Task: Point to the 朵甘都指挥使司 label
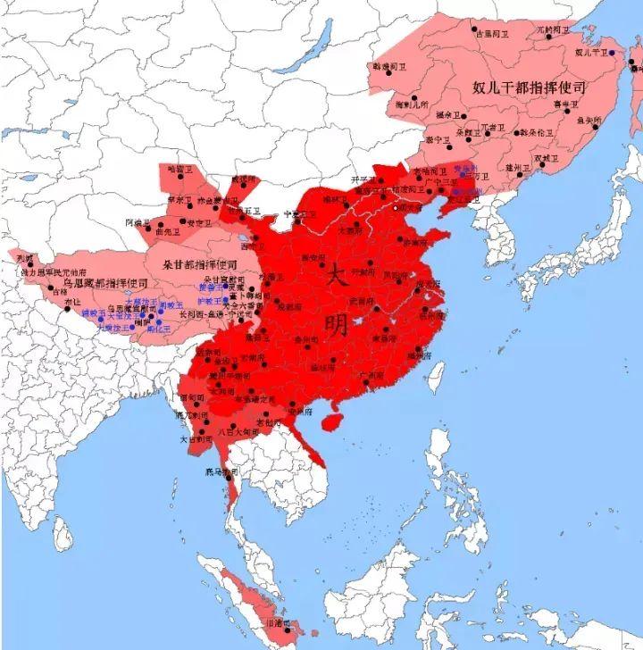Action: pyautogui.click(x=199, y=265)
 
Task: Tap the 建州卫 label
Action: pyautogui.click(x=519, y=167)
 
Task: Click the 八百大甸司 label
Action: pyautogui.click(x=238, y=432)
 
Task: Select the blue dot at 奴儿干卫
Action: pyautogui.click(x=613, y=54)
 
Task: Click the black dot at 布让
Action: pyautogui.click(x=67, y=309)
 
